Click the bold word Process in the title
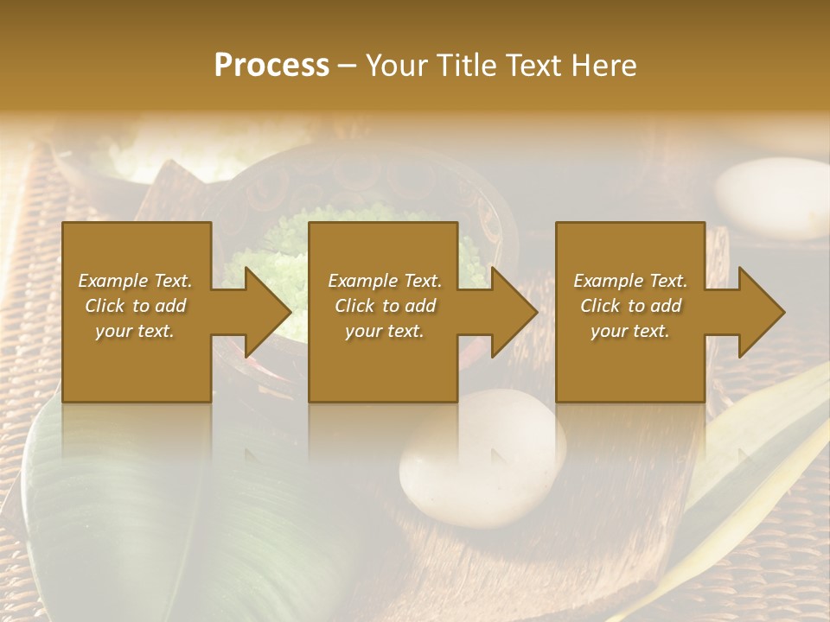271,66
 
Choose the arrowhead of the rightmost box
757,312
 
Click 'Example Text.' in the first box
135,281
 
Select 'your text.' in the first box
135,331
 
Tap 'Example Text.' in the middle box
385,281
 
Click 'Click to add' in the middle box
385,306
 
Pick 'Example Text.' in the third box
630,281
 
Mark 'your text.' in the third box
630,331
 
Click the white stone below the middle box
482,458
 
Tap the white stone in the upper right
772,197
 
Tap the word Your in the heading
394,66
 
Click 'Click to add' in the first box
135,306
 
